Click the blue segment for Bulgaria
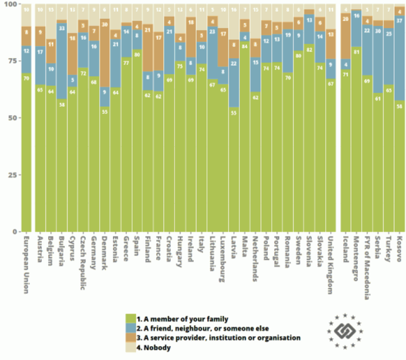point(61,62)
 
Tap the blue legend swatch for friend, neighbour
point(130,327)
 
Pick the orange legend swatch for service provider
point(130,337)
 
